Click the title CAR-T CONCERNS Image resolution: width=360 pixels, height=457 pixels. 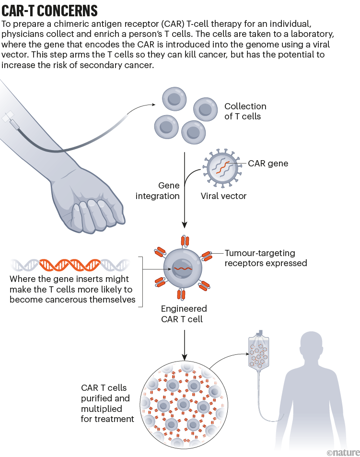click(50, 11)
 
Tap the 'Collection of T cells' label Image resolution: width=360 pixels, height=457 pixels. click(245, 111)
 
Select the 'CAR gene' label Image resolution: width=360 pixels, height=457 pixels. click(268, 164)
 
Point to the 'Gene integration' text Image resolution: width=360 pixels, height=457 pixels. click(158, 191)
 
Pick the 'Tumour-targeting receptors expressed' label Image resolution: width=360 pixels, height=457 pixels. click(266, 258)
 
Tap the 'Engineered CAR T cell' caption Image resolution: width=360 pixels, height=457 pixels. click(184, 314)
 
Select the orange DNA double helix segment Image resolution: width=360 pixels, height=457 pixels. click(69, 264)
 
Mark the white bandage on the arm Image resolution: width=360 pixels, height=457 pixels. click(9, 117)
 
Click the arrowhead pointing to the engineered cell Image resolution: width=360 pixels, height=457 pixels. click(184, 224)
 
